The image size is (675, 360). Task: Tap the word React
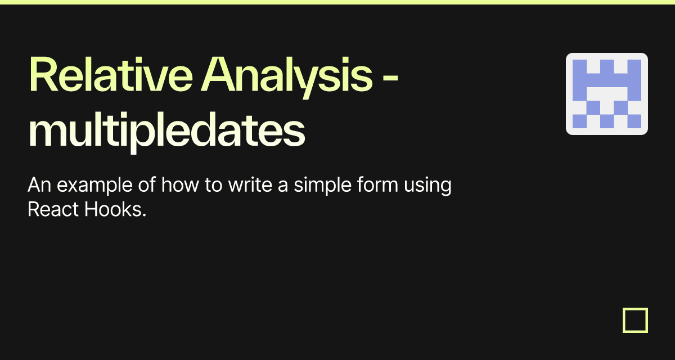[x=53, y=210]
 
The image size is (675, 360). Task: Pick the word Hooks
[x=112, y=210]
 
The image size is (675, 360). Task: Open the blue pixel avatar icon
[x=607, y=94]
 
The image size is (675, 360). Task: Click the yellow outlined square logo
[x=636, y=320]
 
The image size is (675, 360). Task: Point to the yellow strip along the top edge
[x=337, y=2]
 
